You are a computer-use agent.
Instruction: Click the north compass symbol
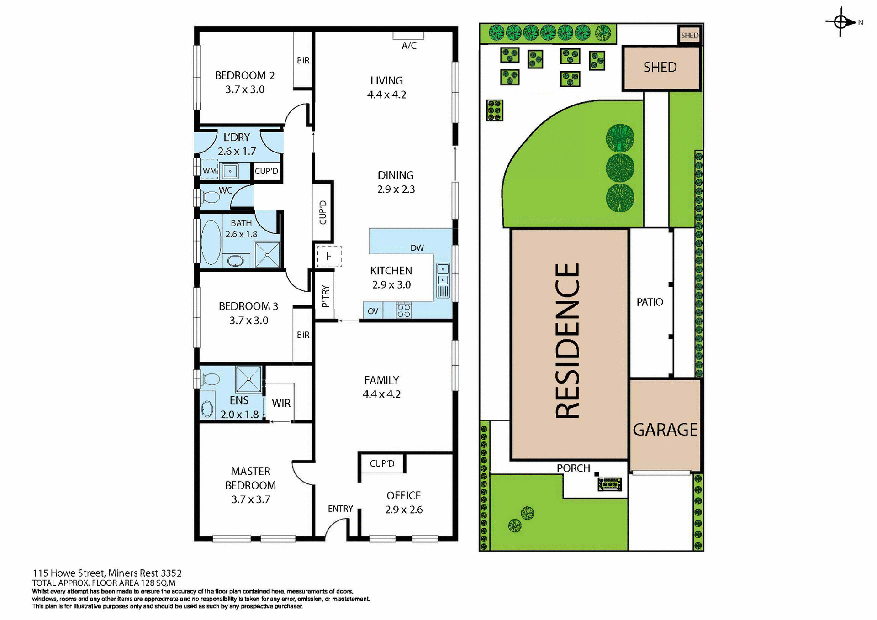[x=840, y=21]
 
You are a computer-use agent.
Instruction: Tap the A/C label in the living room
[x=409, y=46]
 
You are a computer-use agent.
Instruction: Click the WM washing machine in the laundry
[x=210, y=170]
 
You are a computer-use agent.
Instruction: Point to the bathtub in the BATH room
[x=211, y=242]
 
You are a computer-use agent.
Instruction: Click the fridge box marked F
[x=329, y=256]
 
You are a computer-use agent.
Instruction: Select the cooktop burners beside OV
[x=404, y=310]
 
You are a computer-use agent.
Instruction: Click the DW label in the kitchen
[x=417, y=248]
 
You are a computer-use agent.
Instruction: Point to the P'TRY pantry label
[x=325, y=296]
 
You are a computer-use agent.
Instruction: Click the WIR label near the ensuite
[x=281, y=403]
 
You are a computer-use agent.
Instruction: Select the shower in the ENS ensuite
[x=249, y=379]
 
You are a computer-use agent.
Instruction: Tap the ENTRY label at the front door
[x=340, y=509]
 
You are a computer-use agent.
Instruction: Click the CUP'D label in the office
[x=382, y=463]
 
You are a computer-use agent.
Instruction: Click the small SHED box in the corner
[x=689, y=35]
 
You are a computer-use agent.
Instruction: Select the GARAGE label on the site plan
[x=665, y=430]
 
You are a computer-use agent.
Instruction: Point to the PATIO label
[x=650, y=302]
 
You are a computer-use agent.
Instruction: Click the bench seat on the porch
[x=610, y=483]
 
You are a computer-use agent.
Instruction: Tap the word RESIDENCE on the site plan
[x=568, y=341]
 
